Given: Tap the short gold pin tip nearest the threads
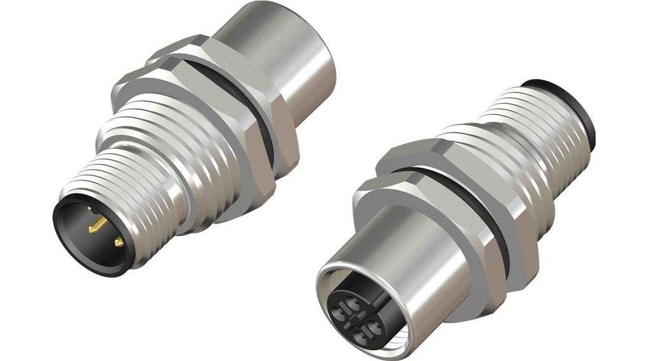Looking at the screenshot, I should pos(119,242).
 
